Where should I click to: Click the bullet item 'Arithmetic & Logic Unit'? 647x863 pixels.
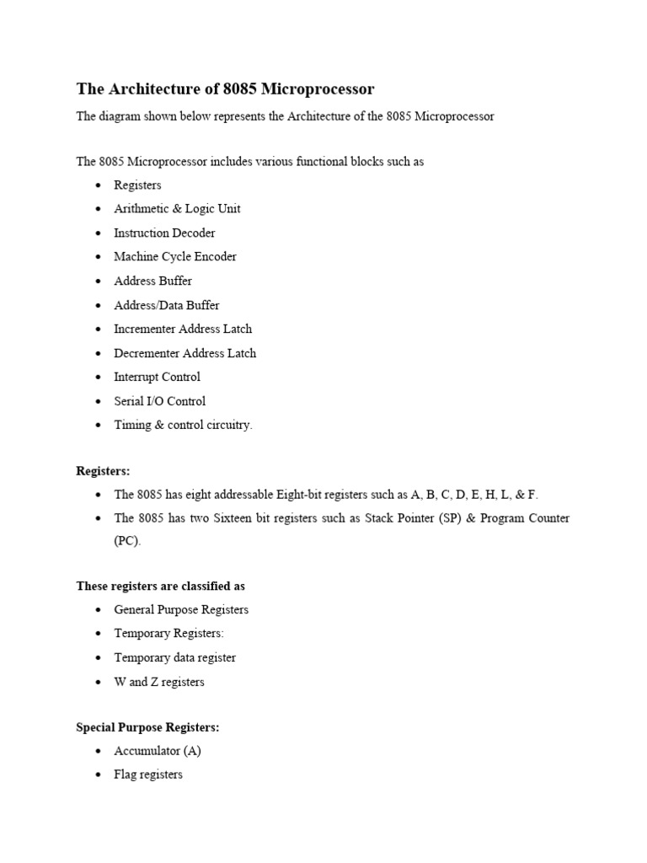pyautogui.click(x=177, y=209)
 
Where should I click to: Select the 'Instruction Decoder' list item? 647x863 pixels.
pyautogui.click(x=164, y=233)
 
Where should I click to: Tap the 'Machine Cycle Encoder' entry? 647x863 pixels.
pyautogui.click(x=175, y=257)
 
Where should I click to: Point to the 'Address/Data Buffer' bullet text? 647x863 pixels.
pyautogui.click(x=166, y=305)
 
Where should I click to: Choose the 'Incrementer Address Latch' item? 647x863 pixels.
pyautogui.click(x=183, y=329)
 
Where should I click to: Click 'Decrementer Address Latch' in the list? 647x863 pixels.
pyautogui.click(x=184, y=353)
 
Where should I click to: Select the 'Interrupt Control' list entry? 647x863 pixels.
pyautogui.click(x=158, y=377)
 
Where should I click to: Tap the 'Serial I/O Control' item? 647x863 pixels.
pyautogui.click(x=159, y=401)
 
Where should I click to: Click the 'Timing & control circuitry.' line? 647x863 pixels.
pyautogui.click(x=183, y=425)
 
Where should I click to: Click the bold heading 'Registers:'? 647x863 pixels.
pyautogui.click(x=104, y=470)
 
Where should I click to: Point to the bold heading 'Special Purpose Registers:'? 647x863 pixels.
pyautogui.click(x=147, y=726)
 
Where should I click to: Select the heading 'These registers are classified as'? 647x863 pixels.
pyautogui.click(x=161, y=586)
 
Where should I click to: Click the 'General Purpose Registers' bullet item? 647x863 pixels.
pyautogui.click(x=181, y=609)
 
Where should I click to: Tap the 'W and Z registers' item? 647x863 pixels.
pyautogui.click(x=159, y=682)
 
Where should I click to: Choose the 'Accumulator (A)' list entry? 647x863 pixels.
pyautogui.click(x=158, y=750)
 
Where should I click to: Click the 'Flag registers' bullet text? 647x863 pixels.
pyautogui.click(x=148, y=775)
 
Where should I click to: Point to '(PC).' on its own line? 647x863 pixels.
pyautogui.click(x=128, y=542)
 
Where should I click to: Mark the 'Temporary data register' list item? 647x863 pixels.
pyautogui.click(x=174, y=657)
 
